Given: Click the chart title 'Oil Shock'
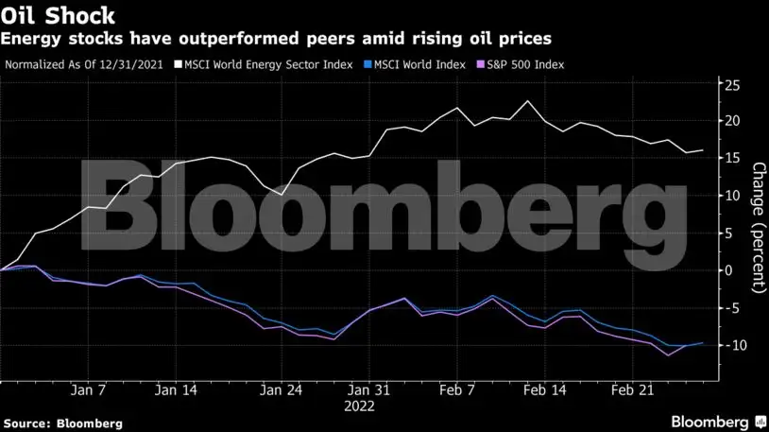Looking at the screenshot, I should coord(59,16).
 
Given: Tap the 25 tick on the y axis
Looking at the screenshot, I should coord(730,85).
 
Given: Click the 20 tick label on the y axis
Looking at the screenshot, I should coord(730,121).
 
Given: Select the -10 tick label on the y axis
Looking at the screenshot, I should coord(727,345).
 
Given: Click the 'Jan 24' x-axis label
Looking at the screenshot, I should coord(281,389).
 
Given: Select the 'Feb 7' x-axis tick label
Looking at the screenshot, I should coord(457,389).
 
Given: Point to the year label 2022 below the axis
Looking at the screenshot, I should coord(359,406).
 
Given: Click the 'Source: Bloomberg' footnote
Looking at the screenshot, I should coord(61,423).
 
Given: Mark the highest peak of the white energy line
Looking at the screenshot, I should coord(527,101).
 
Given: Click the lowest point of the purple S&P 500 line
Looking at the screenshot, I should coord(668,355).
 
